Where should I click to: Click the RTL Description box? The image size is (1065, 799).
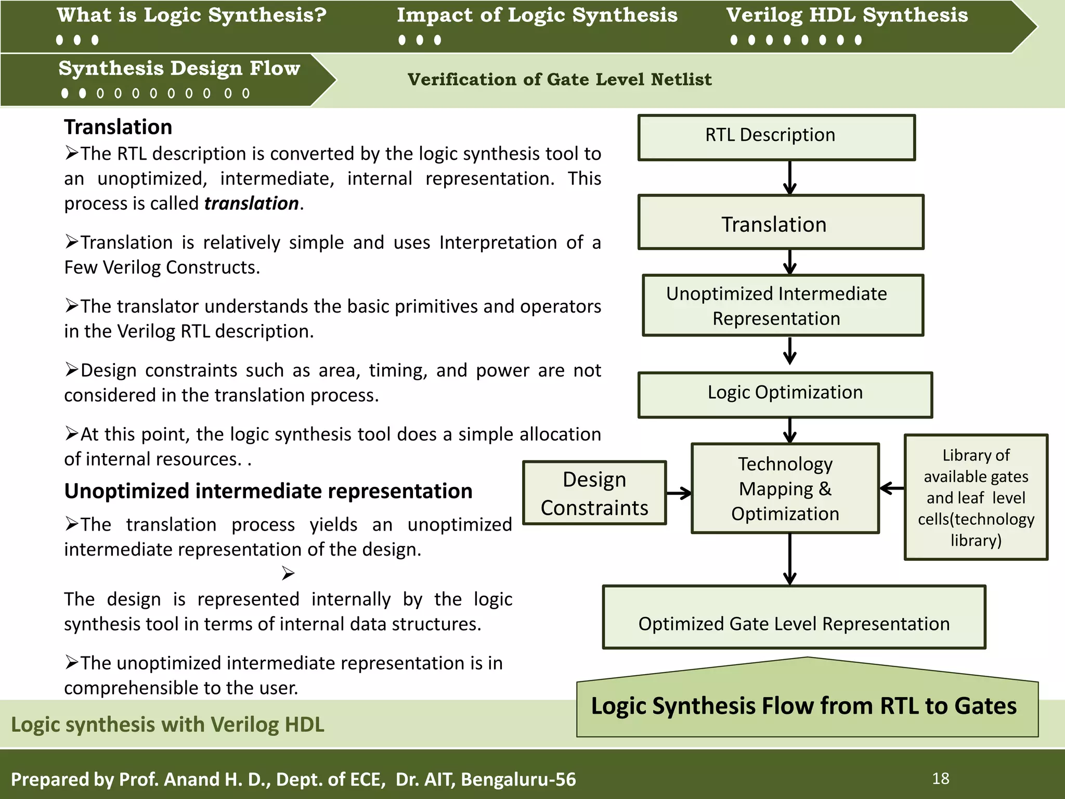coord(776,137)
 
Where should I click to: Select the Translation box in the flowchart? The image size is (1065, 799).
coord(780,223)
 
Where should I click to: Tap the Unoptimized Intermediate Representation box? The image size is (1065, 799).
coord(782,305)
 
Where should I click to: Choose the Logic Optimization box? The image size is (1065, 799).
coord(785,394)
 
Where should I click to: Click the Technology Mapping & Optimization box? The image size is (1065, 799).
coord(785,488)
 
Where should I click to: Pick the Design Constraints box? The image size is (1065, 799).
coord(594,493)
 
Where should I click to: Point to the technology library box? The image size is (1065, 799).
coord(976,497)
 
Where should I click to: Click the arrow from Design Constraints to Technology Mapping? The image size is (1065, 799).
coord(679,493)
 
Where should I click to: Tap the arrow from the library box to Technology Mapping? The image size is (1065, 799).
coord(892,488)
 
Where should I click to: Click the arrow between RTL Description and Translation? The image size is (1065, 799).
coord(789,177)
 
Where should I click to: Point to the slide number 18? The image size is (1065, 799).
coord(940,779)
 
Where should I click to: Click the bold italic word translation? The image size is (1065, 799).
coord(251,203)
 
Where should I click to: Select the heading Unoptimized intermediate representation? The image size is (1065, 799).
coord(268,491)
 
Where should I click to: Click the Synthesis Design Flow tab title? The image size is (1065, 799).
coord(179,69)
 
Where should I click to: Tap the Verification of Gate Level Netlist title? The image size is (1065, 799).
coord(559,80)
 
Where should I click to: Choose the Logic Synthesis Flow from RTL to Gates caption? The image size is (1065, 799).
coord(803,706)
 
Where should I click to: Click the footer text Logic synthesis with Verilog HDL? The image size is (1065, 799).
coord(167,725)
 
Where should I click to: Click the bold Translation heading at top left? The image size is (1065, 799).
coord(118,127)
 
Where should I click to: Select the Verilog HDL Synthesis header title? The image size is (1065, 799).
coord(847,16)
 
